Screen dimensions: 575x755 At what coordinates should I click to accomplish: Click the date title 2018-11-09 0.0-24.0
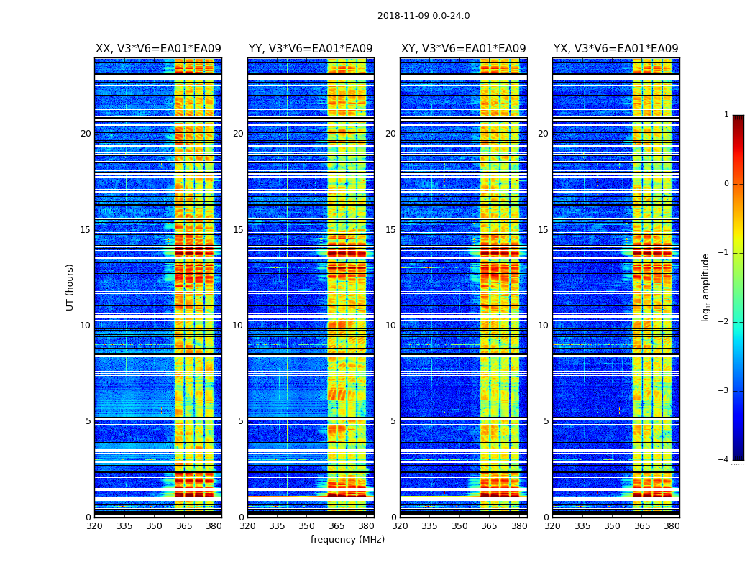pyautogui.click(x=424, y=16)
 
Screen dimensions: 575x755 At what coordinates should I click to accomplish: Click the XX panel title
pyautogui.click(x=158, y=49)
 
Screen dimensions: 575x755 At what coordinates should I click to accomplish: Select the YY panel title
pyautogui.click(x=311, y=49)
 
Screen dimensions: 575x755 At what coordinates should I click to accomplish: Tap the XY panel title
pyautogui.click(x=463, y=49)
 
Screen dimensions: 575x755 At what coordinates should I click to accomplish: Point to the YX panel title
pyautogui.click(x=616, y=49)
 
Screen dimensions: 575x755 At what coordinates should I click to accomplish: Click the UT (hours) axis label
pyautogui.click(x=70, y=287)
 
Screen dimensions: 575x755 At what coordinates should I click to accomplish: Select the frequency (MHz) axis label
pyautogui.click(x=347, y=540)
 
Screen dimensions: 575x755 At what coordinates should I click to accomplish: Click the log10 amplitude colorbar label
pyautogui.click(x=706, y=287)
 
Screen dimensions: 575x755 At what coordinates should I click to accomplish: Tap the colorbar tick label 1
pyautogui.click(x=726, y=115)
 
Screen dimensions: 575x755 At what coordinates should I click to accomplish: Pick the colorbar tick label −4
pyautogui.click(x=724, y=460)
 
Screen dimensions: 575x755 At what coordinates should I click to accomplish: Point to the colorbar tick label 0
pyautogui.click(x=726, y=184)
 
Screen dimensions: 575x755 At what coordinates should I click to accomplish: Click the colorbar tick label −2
pyautogui.click(x=724, y=322)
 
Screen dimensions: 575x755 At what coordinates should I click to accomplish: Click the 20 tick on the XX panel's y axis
pyautogui.click(x=86, y=134)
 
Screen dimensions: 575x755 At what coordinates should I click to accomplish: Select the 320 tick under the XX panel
pyautogui.click(x=94, y=525)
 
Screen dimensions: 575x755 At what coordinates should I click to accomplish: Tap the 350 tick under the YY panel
pyautogui.click(x=307, y=525)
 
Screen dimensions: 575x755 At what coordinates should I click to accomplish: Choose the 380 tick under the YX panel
pyautogui.click(x=672, y=525)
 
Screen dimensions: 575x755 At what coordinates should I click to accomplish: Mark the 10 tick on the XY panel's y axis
pyautogui.click(x=390, y=326)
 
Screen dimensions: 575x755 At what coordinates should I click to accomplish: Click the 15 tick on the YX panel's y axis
pyautogui.click(x=543, y=230)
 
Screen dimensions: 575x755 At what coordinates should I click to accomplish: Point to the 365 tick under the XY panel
pyautogui.click(x=489, y=525)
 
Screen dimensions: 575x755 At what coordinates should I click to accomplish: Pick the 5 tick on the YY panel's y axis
pyautogui.click(x=241, y=421)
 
